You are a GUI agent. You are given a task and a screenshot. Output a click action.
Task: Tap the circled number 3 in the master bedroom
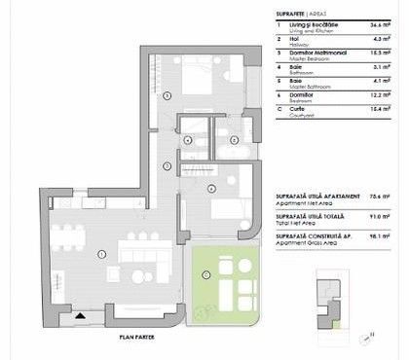tap(167, 94)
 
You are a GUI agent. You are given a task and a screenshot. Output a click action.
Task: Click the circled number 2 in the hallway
tap(167, 166)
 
